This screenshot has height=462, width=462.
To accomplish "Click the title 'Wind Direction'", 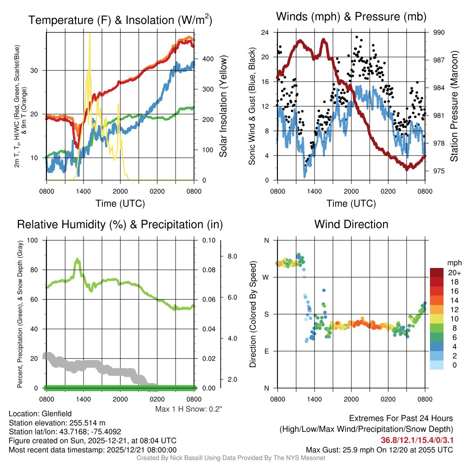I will point(351,224).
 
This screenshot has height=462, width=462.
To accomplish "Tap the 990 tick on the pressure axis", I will point(439,32).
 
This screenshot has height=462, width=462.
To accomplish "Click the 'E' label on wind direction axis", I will point(267,351).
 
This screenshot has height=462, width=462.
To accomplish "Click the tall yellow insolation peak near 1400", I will point(90,36).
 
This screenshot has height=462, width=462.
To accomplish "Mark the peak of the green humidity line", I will point(78,259).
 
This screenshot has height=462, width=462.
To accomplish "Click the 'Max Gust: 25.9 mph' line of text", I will point(379,449).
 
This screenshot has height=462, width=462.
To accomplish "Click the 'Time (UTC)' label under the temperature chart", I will point(120,203).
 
